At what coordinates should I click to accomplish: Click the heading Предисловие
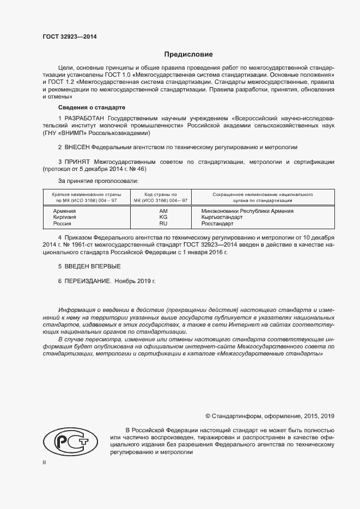click(x=189, y=54)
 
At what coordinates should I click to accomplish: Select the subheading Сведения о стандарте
click(x=91, y=107)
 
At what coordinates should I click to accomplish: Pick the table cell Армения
click(x=64, y=211)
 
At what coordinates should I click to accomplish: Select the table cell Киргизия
click(x=64, y=217)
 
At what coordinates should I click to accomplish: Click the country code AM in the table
click(x=163, y=211)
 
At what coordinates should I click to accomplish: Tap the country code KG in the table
click(x=163, y=217)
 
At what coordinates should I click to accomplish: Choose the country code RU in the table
click(x=163, y=224)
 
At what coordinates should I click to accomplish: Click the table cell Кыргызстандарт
click(x=222, y=217)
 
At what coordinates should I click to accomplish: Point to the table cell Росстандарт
click(x=217, y=224)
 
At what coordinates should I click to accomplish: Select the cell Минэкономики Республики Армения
click(x=247, y=211)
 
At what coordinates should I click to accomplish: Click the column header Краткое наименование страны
click(x=87, y=194)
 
